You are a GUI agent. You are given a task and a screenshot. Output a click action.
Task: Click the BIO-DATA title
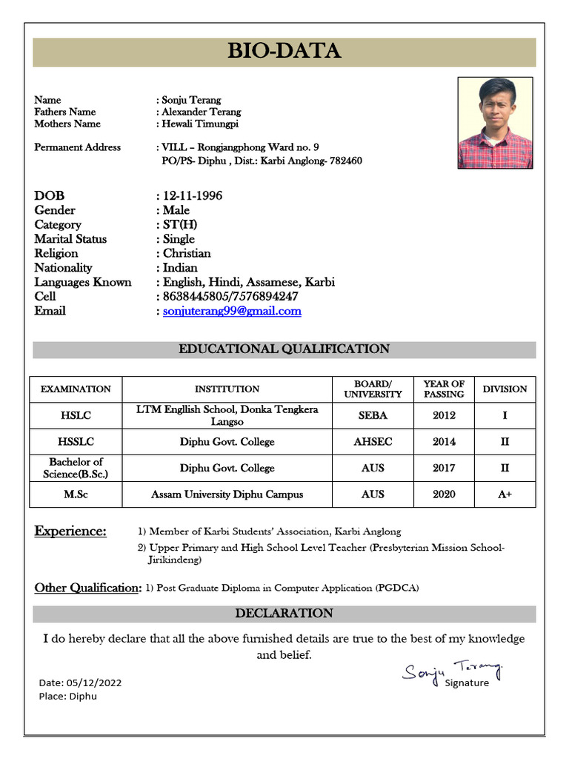pyautogui.click(x=284, y=51)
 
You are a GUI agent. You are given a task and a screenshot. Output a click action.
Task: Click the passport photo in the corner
pyautogui.click(x=495, y=123)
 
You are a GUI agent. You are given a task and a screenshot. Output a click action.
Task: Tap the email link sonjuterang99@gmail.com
pyautogui.click(x=232, y=311)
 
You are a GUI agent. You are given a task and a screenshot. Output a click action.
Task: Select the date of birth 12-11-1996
pyautogui.click(x=193, y=195)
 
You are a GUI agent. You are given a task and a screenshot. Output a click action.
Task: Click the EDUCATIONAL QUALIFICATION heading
pyautogui.click(x=284, y=349)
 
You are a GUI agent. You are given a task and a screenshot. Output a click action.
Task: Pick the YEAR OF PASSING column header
pyautogui.click(x=444, y=389)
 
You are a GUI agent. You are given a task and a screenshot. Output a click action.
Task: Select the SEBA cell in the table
pyautogui.click(x=373, y=415)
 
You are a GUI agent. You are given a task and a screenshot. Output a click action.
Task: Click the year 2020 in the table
pyautogui.click(x=444, y=494)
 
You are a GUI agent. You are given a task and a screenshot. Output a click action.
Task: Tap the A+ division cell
pyautogui.click(x=505, y=494)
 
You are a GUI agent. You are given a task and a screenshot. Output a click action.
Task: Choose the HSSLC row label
pyautogui.click(x=76, y=442)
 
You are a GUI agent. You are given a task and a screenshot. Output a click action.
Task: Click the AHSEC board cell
pyautogui.click(x=373, y=442)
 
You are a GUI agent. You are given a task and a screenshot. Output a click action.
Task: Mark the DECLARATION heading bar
pyautogui.click(x=284, y=614)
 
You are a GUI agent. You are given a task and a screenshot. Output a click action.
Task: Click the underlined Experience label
pyautogui.click(x=70, y=531)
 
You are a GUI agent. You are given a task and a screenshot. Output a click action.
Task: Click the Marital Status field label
pyautogui.click(x=70, y=239)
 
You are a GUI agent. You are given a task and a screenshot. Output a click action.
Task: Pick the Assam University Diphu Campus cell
pyautogui.click(x=227, y=494)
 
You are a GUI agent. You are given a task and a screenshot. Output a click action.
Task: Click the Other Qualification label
pyautogui.click(x=87, y=588)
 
